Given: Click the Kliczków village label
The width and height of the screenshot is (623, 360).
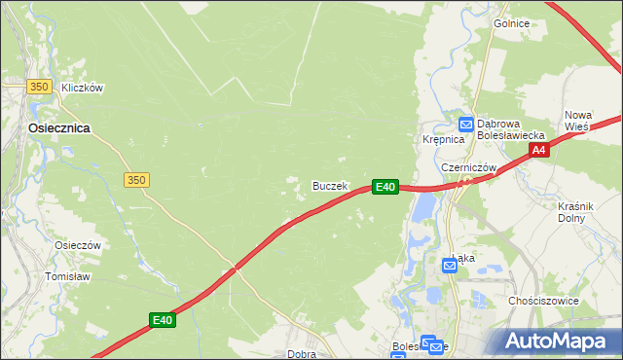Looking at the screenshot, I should point(82,88).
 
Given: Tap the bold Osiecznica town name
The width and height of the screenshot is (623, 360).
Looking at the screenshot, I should point(59,127).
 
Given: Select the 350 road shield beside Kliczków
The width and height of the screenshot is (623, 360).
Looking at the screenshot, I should point(39,87).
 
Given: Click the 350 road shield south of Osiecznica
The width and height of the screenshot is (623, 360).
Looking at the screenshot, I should point(136,179).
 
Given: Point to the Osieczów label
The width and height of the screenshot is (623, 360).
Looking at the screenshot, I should point(79,246).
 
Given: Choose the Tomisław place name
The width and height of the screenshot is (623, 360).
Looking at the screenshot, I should point(67,276).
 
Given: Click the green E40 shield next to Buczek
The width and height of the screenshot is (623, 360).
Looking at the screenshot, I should point(385,186).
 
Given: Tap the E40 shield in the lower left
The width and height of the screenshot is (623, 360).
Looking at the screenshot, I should point(163,319).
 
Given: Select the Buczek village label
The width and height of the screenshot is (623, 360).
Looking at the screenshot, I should point(330,186).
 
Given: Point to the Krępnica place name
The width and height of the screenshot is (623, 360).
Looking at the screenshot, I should point(440,139).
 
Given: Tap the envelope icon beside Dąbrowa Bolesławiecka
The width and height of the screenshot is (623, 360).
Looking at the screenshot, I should point(466,124).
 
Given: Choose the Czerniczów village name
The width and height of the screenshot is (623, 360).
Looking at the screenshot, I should point(469,167).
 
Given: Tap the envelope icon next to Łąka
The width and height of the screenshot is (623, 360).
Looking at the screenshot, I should point(450,265).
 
